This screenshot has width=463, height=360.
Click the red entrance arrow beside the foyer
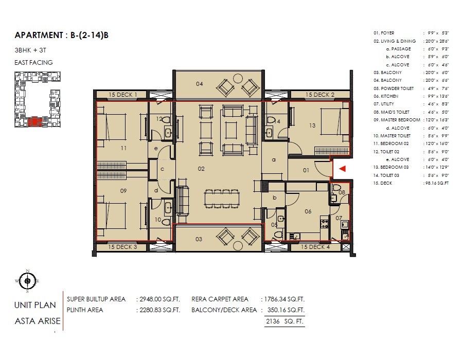point(342,168)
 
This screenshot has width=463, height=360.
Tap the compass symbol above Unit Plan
point(27,280)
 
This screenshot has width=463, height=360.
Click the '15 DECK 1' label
point(123,95)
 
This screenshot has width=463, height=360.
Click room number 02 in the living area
point(201,169)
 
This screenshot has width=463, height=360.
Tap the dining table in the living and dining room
point(222,199)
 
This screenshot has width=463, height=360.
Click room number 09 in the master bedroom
point(123,191)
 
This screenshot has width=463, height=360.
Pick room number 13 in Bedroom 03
point(312,125)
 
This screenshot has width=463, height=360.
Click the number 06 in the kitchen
point(308,211)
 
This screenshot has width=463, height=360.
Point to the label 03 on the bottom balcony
point(199,239)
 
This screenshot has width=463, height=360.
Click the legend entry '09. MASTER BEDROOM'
point(398,119)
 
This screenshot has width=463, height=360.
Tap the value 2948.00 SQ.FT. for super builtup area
point(158,299)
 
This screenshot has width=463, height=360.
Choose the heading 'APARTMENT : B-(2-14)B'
point(62,35)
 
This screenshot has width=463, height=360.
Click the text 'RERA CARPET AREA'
point(220,299)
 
